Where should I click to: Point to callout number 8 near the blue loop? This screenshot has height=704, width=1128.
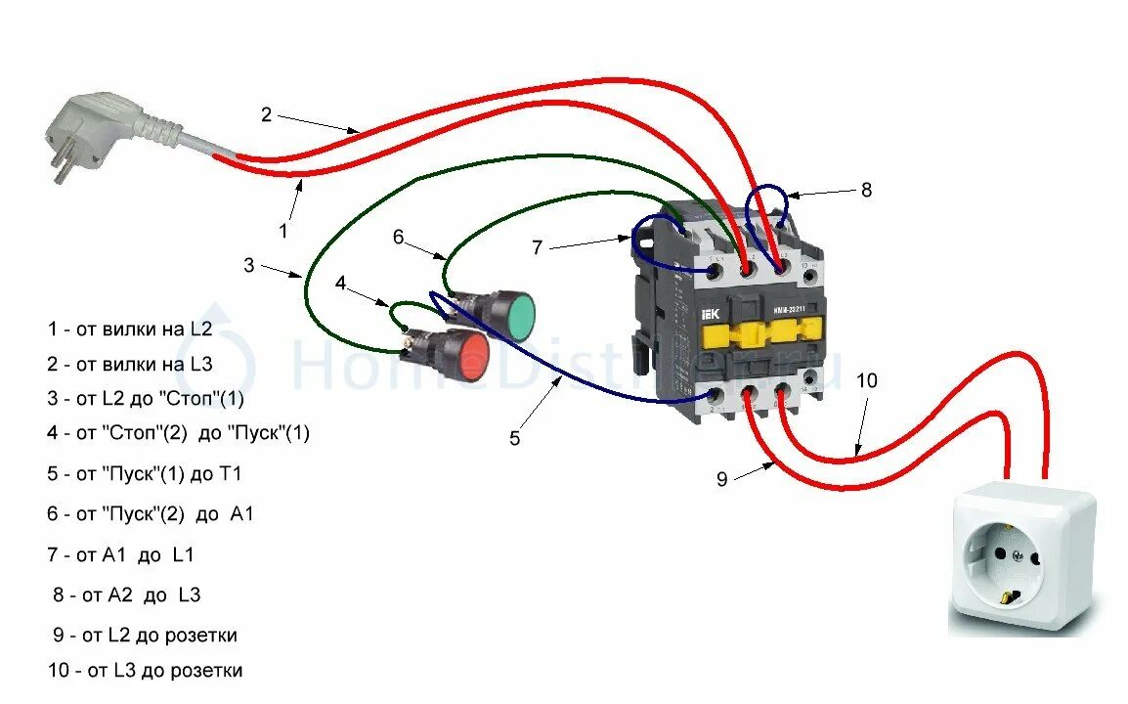865,191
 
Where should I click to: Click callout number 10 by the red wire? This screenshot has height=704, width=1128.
868,380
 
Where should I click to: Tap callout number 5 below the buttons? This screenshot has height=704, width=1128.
515,438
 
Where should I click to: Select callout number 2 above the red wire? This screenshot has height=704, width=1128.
266,114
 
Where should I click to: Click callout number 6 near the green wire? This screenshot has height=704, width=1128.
398,237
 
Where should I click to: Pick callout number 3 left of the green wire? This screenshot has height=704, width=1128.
249,264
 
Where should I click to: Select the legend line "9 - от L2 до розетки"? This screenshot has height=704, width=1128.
145,636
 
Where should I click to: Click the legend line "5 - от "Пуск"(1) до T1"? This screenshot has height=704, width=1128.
145,474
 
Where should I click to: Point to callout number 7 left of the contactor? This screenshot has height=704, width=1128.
537,247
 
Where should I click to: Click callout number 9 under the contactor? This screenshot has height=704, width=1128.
722,479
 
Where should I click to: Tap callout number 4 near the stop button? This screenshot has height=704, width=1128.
340,284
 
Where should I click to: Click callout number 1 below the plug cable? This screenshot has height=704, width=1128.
283,231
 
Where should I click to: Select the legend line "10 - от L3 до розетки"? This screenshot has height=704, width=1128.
145,671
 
